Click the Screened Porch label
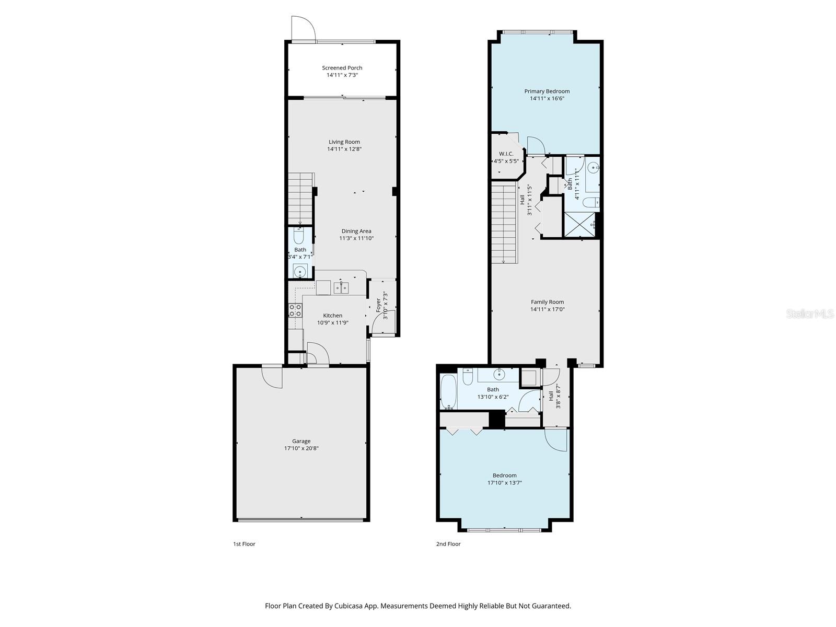pyautogui.click(x=342, y=68)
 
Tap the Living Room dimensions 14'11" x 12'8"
pyautogui.click(x=344, y=149)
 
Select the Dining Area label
pyautogui.click(x=356, y=231)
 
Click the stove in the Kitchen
pyautogui.click(x=295, y=310)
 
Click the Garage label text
pyautogui.click(x=301, y=441)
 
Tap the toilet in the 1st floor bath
pyautogui.click(x=299, y=237)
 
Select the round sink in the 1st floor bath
pyautogui.click(x=300, y=272)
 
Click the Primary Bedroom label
pyautogui.click(x=547, y=91)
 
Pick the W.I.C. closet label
pyautogui.click(x=506, y=154)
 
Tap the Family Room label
pyautogui.click(x=547, y=302)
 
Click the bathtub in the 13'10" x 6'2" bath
pyautogui.click(x=448, y=392)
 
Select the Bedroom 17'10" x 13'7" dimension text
pyautogui.click(x=504, y=483)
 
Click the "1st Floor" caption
pyautogui.click(x=244, y=544)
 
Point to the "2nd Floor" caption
pyautogui.click(x=448, y=544)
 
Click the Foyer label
pyautogui.click(x=378, y=305)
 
